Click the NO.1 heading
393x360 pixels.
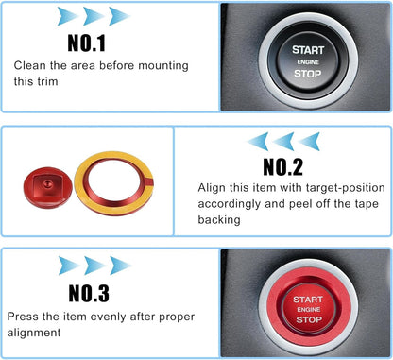tap(87, 43)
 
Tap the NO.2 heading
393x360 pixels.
tap(282, 166)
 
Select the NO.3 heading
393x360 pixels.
tap(89, 293)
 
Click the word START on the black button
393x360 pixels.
tap(308, 50)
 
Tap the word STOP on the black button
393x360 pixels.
tap(308, 74)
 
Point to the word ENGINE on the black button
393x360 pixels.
tap(308, 62)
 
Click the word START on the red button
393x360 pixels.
tap(308, 300)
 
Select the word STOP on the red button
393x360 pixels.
tap(309, 320)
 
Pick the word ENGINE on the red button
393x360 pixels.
tap(309, 310)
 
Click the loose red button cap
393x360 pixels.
tap(47, 187)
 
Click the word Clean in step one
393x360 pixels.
tap(30, 65)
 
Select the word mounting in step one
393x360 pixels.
tap(163, 66)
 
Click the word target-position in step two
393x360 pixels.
tap(346, 188)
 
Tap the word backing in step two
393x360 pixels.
tap(219, 219)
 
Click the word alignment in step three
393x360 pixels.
tap(34, 333)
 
